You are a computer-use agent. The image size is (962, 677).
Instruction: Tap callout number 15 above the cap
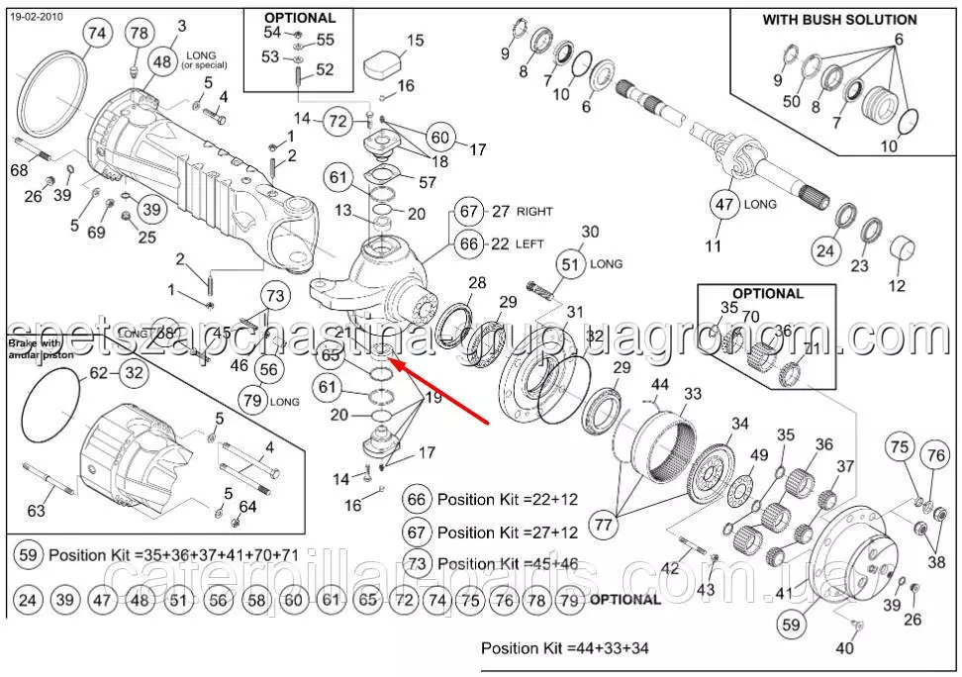pyautogui.click(x=415, y=41)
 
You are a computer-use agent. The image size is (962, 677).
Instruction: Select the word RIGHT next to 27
pyautogui.click(x=534, y=211)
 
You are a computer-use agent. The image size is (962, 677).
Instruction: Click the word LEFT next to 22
pyautogui.click(x=529, y=243)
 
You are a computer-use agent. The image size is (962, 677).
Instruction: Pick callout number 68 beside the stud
pyautogui.click(x=19, y=171)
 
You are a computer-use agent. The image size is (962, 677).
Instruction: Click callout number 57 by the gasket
pyautogui.click(x=428, y=182)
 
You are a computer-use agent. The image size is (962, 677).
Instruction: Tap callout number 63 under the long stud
pyautogui.click(x=36, y=511)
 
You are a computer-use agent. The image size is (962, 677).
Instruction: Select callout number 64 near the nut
pyautogui.click(x=247, y=507)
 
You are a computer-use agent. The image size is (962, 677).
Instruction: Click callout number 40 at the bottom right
pyautogui.click(x=844, y=649)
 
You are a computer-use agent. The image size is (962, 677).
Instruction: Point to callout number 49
pyautogui.click(x=759, y=455)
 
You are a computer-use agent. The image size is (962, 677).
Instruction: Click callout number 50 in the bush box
pyautogui.click(x=792, y=101)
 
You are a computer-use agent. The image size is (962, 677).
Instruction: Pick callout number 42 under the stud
pyautogui.click(x=670, y=568)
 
